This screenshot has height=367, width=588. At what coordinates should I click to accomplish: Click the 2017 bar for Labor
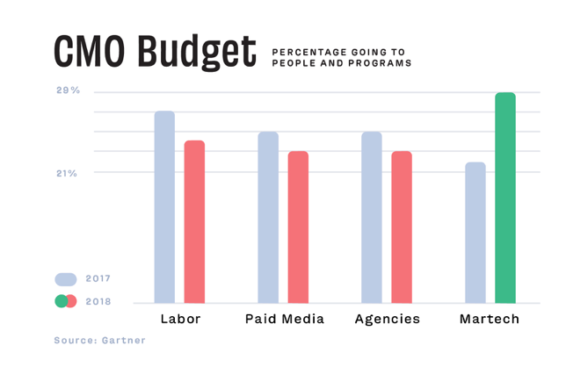point(164,207)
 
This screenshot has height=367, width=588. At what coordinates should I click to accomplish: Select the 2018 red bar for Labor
point(194,221)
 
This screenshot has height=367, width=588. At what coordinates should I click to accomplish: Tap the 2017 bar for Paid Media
point(268,218)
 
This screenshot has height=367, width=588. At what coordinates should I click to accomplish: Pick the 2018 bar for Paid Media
point(298,227)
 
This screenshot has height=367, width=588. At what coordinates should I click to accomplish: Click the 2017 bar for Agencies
point(372,218)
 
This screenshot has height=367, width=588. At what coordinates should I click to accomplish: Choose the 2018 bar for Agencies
point(402,227)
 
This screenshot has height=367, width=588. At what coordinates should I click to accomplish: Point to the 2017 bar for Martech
point(475,233)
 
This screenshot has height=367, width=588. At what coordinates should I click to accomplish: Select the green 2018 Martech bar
point(505,198)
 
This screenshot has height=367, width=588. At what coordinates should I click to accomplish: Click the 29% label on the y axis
point(69,91)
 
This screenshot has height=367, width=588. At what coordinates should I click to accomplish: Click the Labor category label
point(180,319)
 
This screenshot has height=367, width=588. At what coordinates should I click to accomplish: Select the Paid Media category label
point(284,319)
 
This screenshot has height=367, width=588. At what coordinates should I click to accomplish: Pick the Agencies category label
point(387,319)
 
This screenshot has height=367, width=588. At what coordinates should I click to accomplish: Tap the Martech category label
point(490,319)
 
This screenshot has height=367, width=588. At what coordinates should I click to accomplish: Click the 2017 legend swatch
point(66,279)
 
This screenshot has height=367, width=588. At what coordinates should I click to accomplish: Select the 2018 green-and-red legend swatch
point(66,301)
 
